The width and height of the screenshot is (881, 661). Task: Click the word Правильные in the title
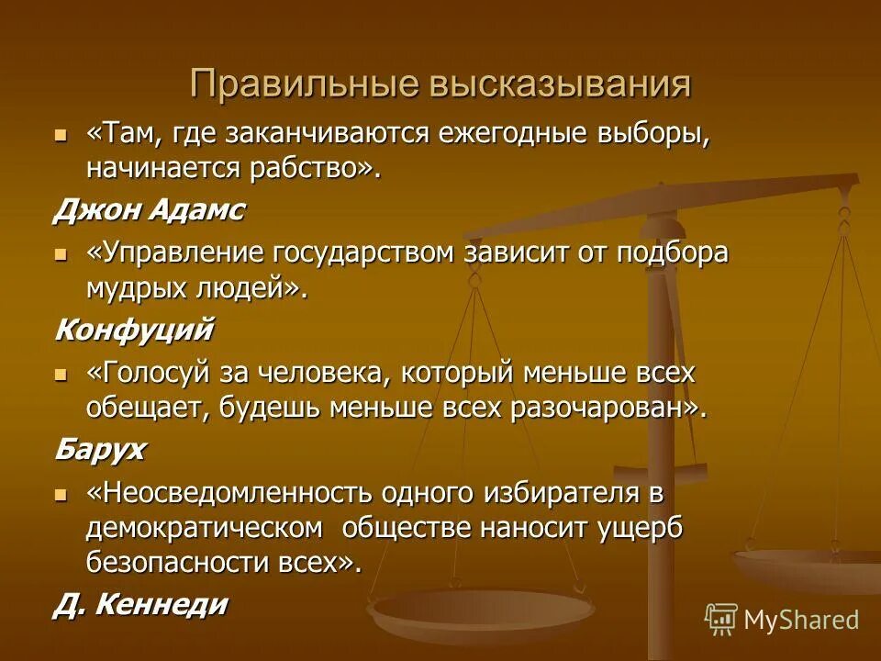tap(304, 84)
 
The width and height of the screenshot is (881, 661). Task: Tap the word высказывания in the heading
tap(559, 84)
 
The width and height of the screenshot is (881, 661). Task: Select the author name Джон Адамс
tap(149, 210)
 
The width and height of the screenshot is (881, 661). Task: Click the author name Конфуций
tap(134, 329)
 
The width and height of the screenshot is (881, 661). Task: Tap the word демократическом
tap(205, 527)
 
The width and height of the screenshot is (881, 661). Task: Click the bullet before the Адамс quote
tap(61, 135)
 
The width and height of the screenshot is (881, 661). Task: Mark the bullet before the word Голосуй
tap(61, 374)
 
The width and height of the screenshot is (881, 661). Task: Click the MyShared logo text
tap(801, 620)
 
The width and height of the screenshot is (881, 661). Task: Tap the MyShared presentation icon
tap(721, 620)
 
